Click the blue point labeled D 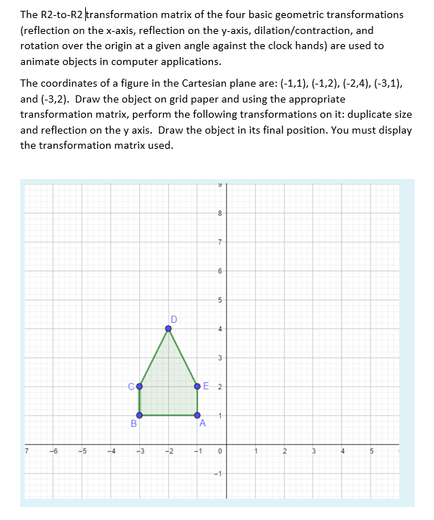click(x=168, y=329)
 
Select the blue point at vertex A click(x=197, y=415)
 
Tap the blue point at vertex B click(x=139, y=415)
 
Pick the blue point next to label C click(x=139, y=386)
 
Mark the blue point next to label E click(x=197, y=386)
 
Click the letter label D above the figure click(x=173, y=318)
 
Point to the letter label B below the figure click(x=134, y=424)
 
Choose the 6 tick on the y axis click(x=221, y=271)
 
